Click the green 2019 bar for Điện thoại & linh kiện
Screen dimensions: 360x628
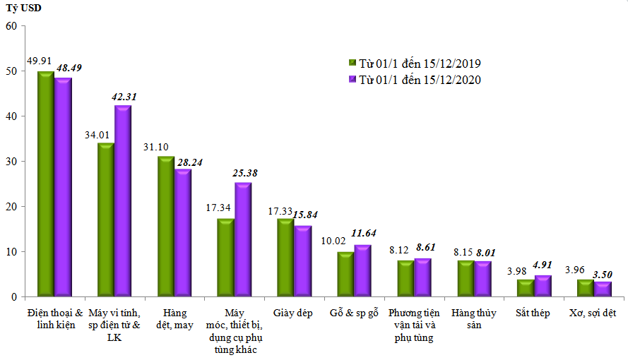click(x=46, y=184)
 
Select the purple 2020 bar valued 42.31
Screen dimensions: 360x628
click(x=123, y=201)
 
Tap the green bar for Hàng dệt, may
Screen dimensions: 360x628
click(x=166, y=226)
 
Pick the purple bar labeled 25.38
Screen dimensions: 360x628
click(x=243, y=240)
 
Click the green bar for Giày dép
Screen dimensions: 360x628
click(x=285, y=258)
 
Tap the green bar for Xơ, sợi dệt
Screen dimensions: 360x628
click(x=586, y=288)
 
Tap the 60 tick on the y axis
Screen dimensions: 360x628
click(x=11, y=26)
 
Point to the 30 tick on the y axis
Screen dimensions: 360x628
click(x=11, y=162)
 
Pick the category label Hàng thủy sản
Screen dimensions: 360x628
click(x=473, y=318)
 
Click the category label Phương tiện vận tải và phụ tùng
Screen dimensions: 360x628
click(x=413, y=325)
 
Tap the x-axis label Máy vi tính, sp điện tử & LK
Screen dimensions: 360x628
click(x=114, y=318)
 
